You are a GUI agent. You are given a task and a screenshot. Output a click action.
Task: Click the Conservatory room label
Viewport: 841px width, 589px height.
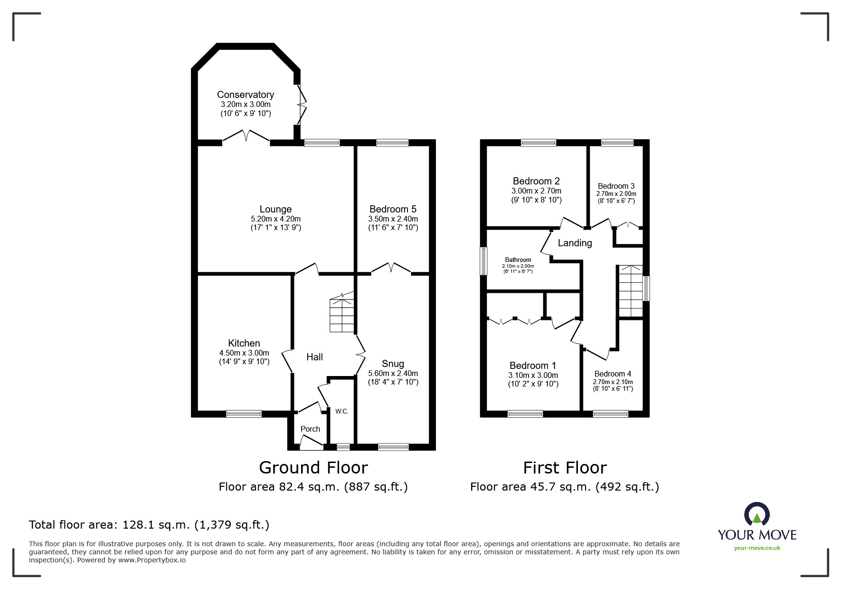click(x=245, y=95)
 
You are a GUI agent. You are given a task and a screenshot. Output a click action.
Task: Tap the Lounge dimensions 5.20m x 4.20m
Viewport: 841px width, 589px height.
click(x=275, y=219)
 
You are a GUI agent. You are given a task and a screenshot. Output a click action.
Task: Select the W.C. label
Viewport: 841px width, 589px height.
click(x=342, y=411)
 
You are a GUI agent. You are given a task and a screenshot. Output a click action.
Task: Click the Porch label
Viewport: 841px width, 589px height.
click(x=310, y=429)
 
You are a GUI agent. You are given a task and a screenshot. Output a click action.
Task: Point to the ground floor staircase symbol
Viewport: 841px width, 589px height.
click(x=342, y=314)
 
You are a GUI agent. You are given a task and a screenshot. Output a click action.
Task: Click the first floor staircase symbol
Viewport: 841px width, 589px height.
click(x=630, y=291)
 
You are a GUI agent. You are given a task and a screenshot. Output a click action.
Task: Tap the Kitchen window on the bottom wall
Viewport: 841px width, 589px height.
click(x=244, y=414)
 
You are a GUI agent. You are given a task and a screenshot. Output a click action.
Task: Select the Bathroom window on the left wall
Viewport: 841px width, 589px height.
click(x=483, y=261)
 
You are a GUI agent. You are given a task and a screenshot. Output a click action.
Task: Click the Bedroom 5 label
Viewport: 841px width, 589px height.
click(x=393, y=209)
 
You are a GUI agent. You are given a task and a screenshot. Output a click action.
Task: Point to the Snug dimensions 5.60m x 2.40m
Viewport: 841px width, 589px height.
click(x=393, y=374)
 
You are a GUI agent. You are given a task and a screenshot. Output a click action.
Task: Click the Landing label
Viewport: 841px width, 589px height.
click(x=575, y=243)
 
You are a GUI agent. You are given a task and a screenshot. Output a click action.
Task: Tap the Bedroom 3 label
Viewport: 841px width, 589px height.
click(x=616, y=186)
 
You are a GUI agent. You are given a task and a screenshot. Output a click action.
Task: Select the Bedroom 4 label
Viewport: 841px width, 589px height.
click(x=613, y=374)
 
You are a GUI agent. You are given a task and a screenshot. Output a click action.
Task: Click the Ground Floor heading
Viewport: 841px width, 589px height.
click(x=313, y=468)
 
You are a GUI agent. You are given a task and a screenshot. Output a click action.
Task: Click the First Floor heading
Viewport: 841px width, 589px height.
click(x=565, y=468)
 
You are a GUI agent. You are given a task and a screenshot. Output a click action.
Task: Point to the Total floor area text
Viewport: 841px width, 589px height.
click(x=149, y=525)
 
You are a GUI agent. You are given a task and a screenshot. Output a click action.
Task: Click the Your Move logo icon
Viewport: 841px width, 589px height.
click(x=756, y=515)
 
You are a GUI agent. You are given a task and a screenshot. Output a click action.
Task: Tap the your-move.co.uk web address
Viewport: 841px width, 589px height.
click(x=757, y=548)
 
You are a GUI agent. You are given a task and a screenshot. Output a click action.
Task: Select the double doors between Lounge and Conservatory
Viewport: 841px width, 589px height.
click(x=246, y=136)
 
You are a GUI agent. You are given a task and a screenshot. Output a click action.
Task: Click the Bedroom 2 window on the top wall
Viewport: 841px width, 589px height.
click(x=538, y=142)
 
